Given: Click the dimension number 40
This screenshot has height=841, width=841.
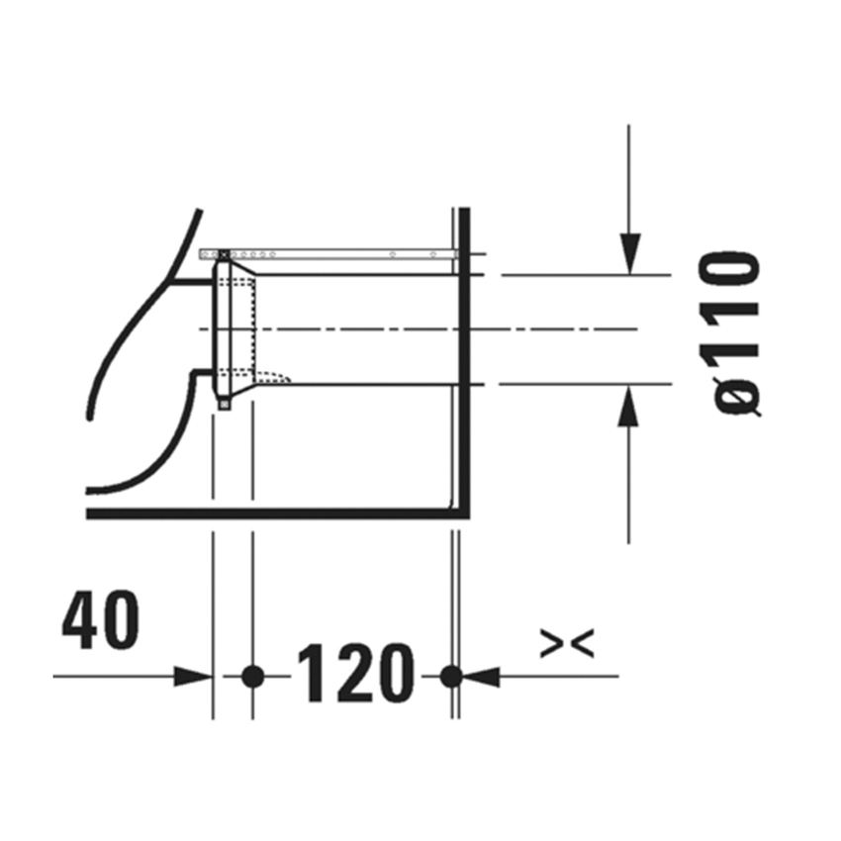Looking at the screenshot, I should click(101, 622).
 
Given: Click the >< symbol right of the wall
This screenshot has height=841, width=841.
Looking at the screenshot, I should click(568, 644).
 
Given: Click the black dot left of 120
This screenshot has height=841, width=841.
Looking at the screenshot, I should click(252, 677).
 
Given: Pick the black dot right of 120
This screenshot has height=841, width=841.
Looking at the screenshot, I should click(451, 677).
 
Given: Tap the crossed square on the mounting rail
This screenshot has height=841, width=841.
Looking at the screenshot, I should click(223, 254).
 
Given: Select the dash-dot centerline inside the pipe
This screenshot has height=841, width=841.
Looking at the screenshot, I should click(396, 327).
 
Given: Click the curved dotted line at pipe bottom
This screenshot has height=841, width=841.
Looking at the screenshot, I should click(281, 377).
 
